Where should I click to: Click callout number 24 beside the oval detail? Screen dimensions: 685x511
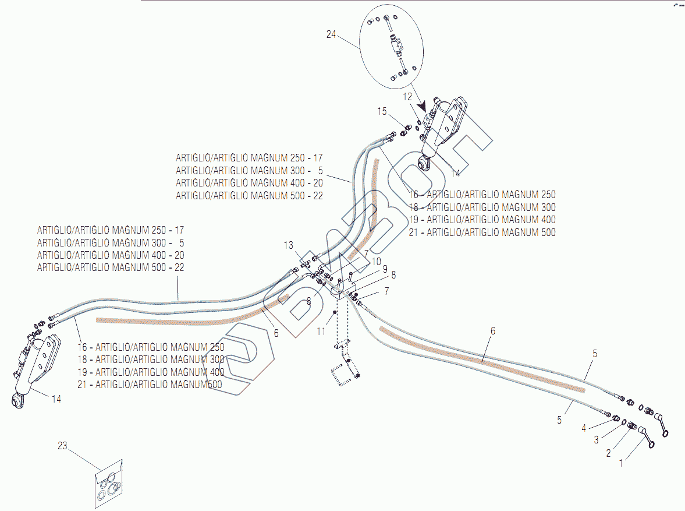(x=331, y=34)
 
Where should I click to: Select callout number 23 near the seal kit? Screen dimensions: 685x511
(x=62, y=446)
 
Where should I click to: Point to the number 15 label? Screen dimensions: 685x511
(x=382, y=111)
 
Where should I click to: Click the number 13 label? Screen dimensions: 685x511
(x=289, y=245)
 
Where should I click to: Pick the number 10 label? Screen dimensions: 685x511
(x=377, y=262)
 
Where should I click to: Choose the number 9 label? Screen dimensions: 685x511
(x=384, y=269)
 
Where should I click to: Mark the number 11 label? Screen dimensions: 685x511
(x=321, y=332)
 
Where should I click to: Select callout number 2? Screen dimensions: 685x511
(x=608, y=453)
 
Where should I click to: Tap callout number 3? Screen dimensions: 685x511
(x=596, y=440)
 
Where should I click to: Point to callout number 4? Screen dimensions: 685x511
(x=584, y=428)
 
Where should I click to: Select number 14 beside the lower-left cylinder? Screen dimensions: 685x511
(x=56, y=399)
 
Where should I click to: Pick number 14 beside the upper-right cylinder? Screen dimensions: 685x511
(x=455, y=173)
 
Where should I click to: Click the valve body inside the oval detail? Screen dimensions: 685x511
(x=399, y=43)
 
